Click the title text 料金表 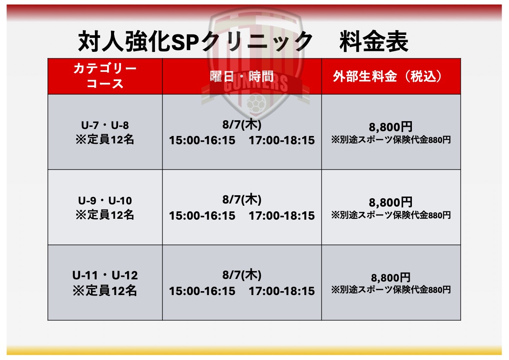point(374,41)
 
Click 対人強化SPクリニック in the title point(196,41)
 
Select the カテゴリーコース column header point(105,76)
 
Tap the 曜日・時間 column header point(242,77)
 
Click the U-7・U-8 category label point(105,125)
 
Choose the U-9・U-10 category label point(105,200)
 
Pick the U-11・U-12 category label point(105,275)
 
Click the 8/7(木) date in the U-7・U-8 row point(242,124)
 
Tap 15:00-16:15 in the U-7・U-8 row point(202,140)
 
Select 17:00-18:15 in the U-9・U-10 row point(282,216)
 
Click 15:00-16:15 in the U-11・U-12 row point(202,291)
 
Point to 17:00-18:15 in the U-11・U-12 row point(282,291)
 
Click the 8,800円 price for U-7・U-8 point(391,127)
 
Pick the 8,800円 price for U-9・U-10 point(391,202)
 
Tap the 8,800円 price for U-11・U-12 point(391,278)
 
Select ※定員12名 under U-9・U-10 point(105,215)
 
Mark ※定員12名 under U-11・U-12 point(105,290)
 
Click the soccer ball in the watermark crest point(256,104)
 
